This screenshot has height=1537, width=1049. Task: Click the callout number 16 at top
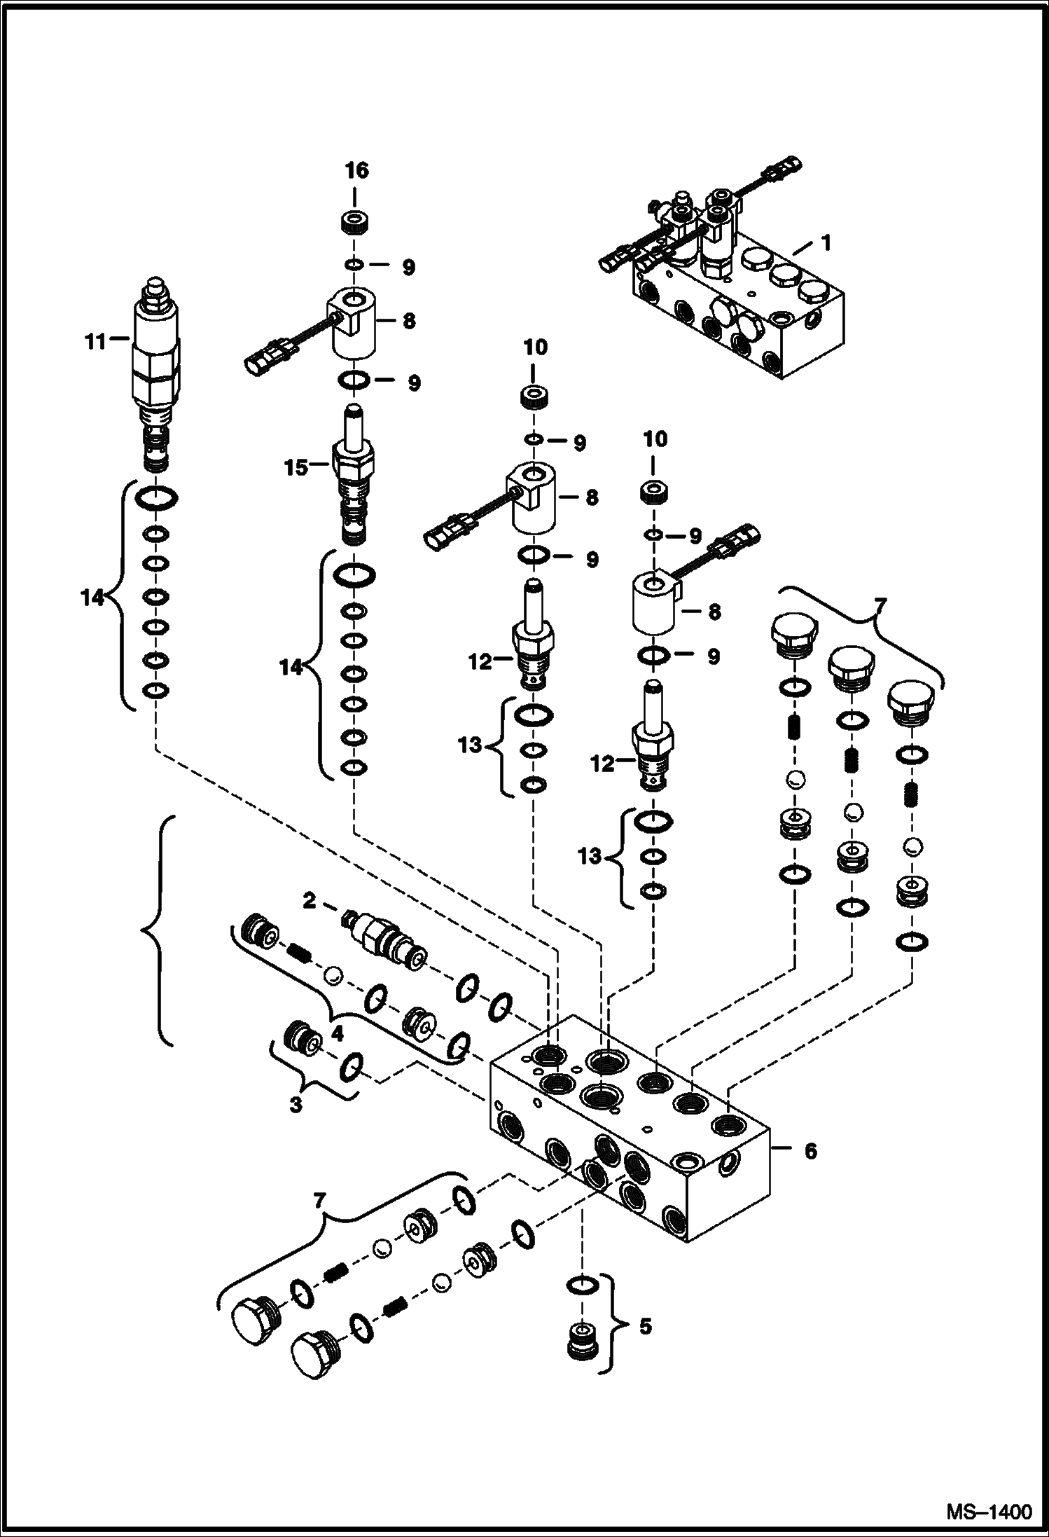pyautogui.click(x=356, y=170)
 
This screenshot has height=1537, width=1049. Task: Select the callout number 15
pyautogui.click(x=296, y=467)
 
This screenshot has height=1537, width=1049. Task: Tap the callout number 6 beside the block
pyautogui.click(x=810, y=1152)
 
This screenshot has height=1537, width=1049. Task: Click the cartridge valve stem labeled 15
pyautogui.click(x=356, y=476)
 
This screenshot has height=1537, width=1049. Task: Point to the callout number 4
pyautogui.click(x=336, y=1053)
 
